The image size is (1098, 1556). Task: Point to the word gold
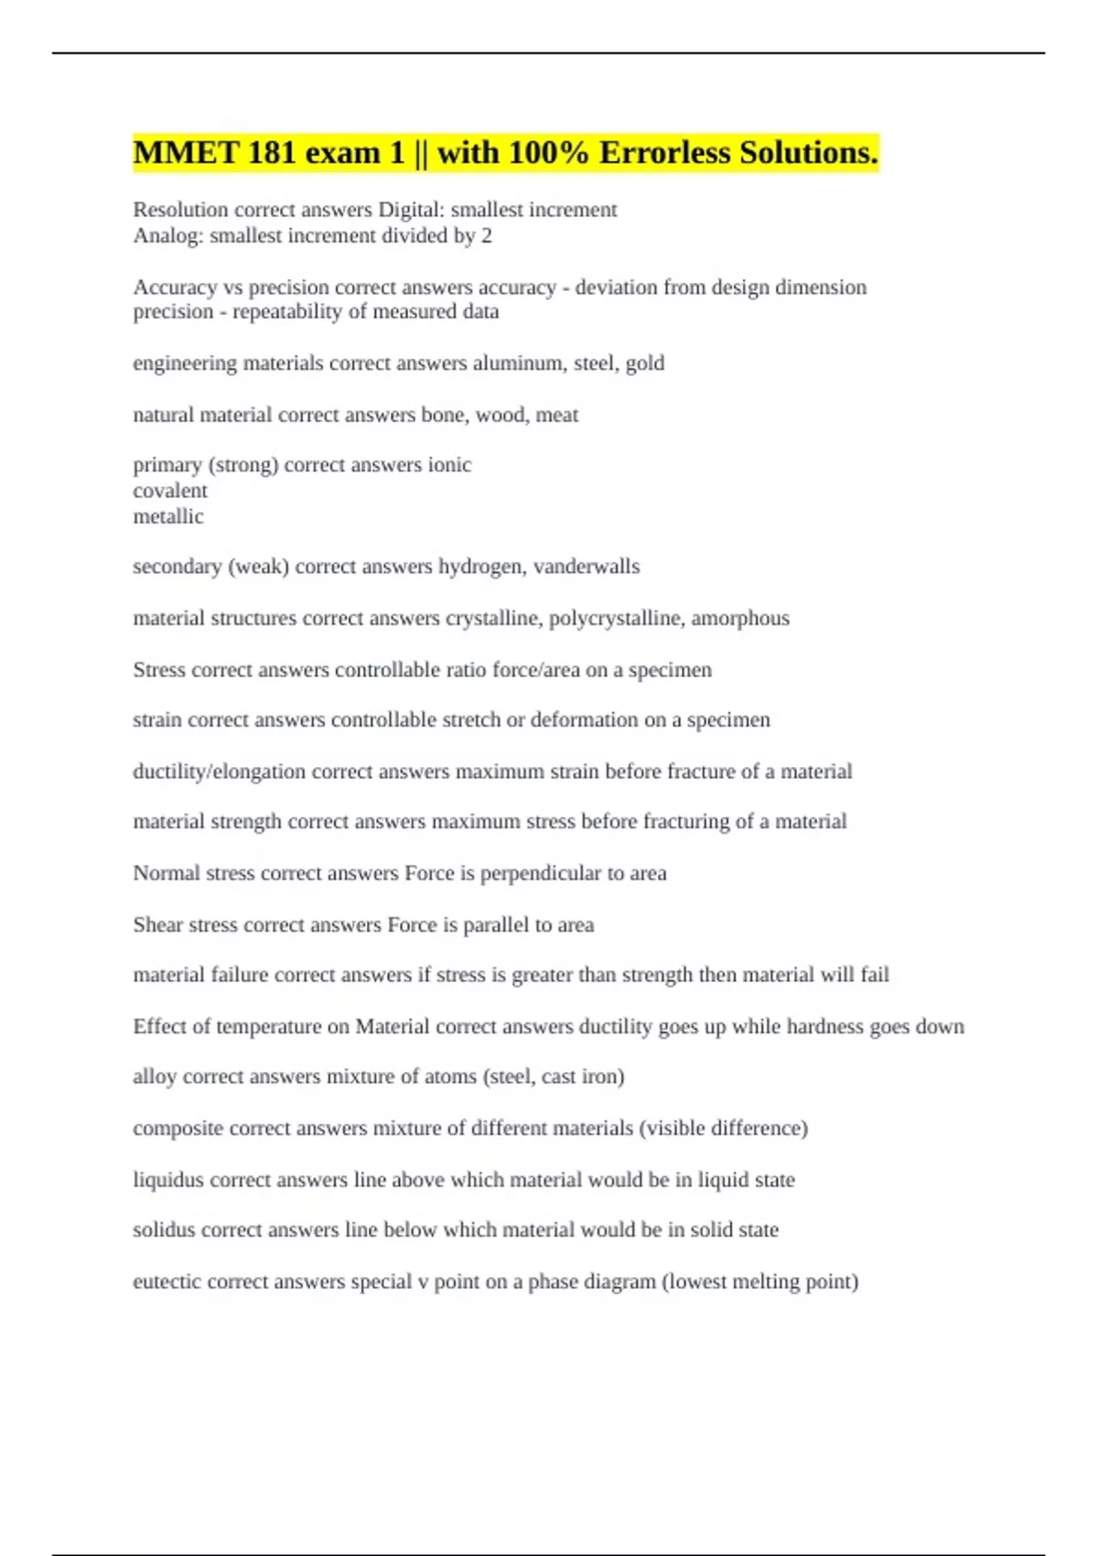click(645, 363)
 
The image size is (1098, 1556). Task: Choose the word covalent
click(170, 491)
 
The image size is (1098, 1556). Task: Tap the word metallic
click(168, 516)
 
